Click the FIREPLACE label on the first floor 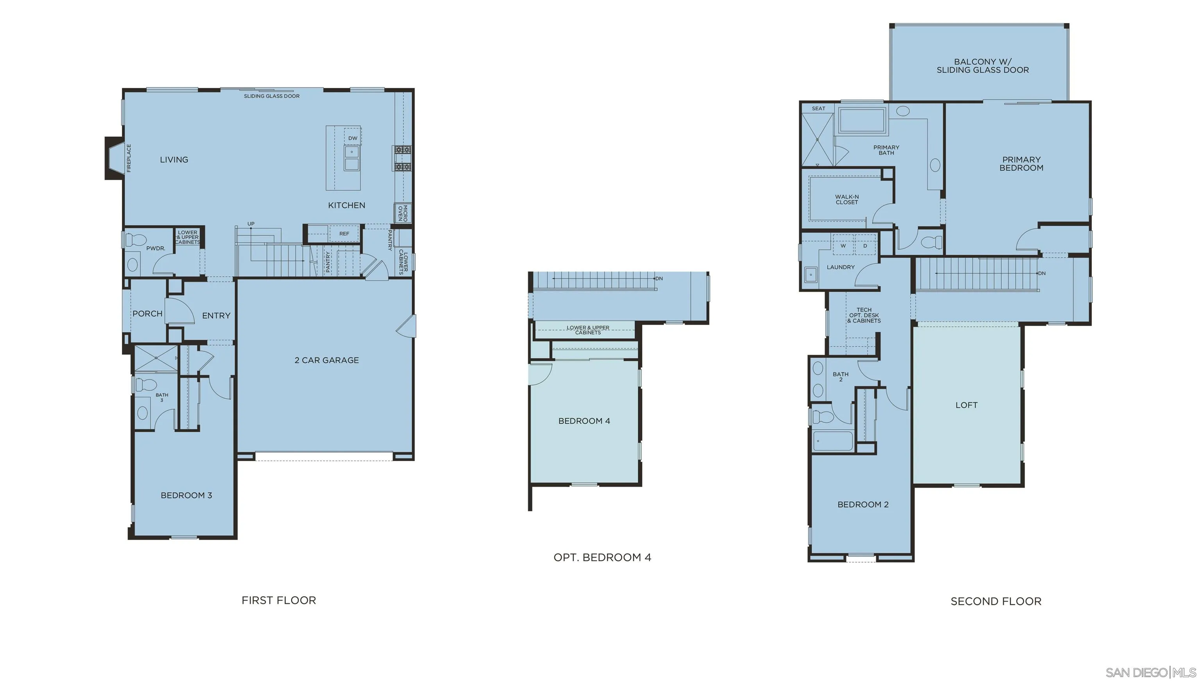point(129,158)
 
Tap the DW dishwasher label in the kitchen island point(352,138)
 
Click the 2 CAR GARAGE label point(327,360)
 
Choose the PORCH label point(147,314)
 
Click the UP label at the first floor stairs point(251,224)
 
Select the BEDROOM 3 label point(186,495)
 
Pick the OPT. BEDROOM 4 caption point(602,558)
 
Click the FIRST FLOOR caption point(279,601)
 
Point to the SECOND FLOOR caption point(996,601)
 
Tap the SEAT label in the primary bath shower point(818,109)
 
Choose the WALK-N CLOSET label point(847,200)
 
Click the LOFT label point(966,406)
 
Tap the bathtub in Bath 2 point(832,441)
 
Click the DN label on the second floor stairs point(1042,273)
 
